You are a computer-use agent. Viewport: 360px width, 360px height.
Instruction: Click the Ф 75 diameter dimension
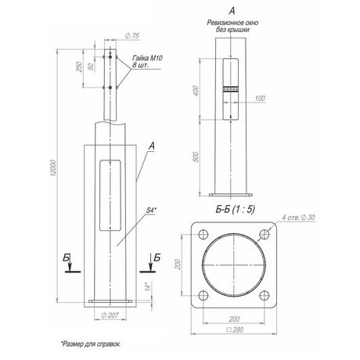pos(132,36)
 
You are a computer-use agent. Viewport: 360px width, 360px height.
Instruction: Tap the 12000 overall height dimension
pos(53,168)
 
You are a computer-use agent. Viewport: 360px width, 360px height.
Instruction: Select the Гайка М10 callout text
pos(147,58)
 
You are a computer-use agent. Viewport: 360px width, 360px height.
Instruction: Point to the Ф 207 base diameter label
pos(110,315)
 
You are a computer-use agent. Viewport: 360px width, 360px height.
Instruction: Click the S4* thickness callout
pos(151,210)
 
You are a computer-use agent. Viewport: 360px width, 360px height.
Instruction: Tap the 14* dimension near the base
pos(148,286)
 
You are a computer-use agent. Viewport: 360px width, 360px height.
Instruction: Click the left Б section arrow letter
pos(67,257)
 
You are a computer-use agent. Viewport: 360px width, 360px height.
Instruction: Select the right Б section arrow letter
pos(157,257)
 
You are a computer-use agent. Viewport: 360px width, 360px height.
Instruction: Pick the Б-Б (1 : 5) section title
pos(235,209)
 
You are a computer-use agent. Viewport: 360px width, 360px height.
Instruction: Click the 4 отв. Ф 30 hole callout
pos(298,218)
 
